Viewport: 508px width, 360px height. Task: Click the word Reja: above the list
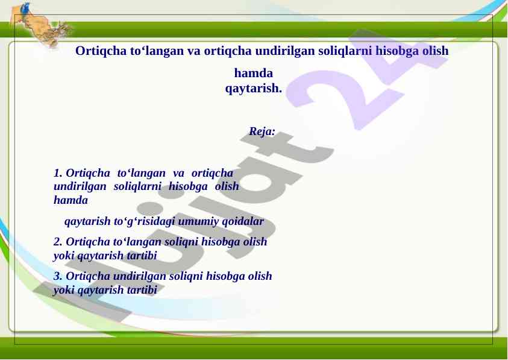pyautogui.click(x=262, y=131)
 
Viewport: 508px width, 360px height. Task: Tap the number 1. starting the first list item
pyautogui.click(x=58, y=173)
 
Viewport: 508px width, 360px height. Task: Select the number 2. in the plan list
pyautogui.click(x=58, y=242)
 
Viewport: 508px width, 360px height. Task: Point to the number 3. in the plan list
pyautogui.click(x=58, y=276)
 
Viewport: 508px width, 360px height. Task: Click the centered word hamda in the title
pyautogui.click(x=253, y=73)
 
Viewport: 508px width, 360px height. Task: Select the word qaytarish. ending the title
pyautogui.click(x=253, y=88)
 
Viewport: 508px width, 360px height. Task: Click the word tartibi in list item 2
pyautogui.click(x=142, y=256)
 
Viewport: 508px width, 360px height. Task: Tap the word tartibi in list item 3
pyautogui.click(x=142, y=289)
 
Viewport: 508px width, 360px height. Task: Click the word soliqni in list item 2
pyautogui.click(x=181, y=242)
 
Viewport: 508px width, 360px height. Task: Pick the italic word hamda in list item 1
pyautogui.click(x=71, y=200)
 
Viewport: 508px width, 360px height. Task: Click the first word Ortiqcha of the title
pyautogui.click(x=101, y=51)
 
